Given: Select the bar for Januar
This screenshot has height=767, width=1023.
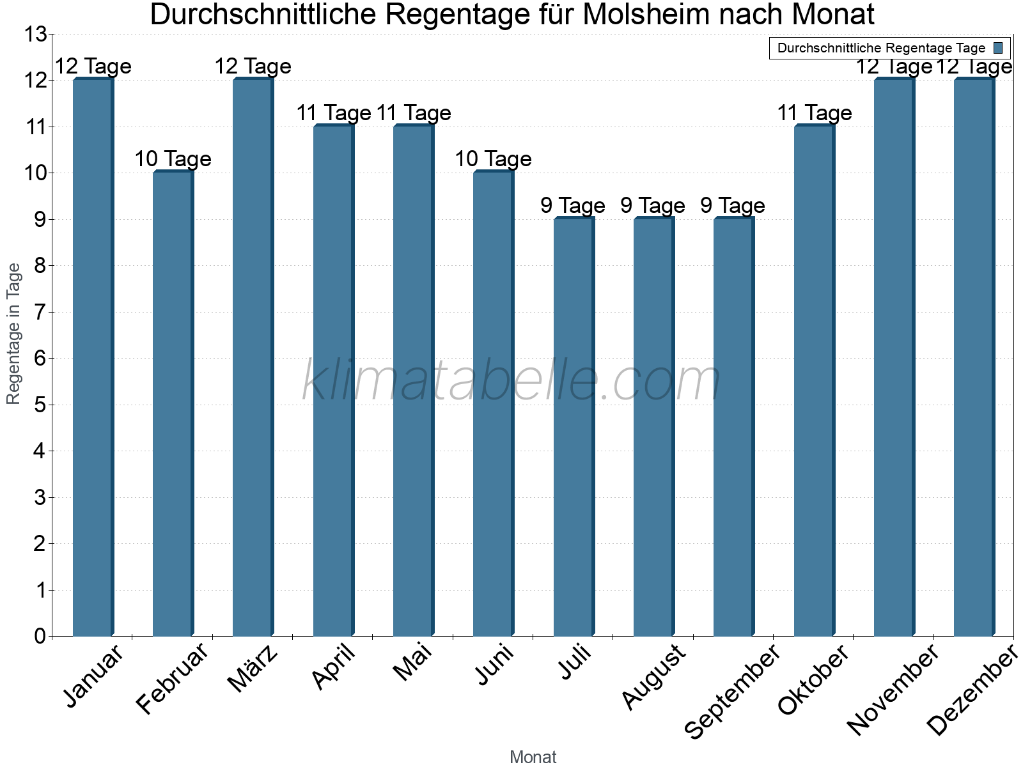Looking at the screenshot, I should (x=93, y=358).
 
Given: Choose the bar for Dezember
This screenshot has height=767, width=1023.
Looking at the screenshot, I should (x=974, y=358).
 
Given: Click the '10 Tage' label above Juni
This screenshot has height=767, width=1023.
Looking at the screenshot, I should (x=493, y=159).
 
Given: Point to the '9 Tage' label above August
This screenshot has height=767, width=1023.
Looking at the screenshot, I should (x=653, y=205).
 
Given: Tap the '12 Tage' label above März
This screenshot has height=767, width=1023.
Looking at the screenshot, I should (x=253, y=66).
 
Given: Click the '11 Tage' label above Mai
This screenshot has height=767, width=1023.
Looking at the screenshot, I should (x=414, y=112).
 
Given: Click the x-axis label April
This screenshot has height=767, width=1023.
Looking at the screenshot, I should (x=333, y=667).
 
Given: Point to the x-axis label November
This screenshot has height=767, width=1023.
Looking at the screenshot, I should (x=893, y=690).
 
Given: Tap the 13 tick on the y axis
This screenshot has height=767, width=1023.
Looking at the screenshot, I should (x=36, y=35).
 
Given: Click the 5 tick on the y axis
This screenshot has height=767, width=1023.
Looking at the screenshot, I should (x=40, y=405).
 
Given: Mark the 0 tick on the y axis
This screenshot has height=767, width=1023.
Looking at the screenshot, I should (x=40, y=636).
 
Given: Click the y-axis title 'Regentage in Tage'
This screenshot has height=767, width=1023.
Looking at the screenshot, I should (x=13, y=334).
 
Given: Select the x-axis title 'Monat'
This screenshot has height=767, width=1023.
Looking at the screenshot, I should (x=533, y=757).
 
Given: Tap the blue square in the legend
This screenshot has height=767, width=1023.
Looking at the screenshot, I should (x=998, y=48).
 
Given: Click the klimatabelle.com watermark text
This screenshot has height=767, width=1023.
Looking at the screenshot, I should (x=511, y=381).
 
